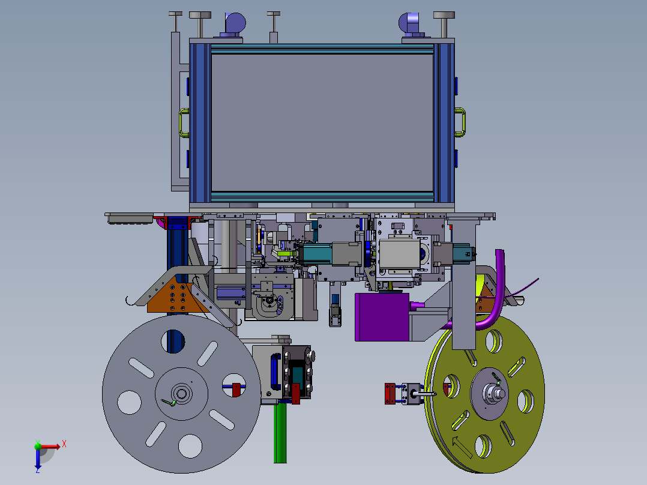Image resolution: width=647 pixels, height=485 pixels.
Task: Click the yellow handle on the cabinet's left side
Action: (x=180, y=122)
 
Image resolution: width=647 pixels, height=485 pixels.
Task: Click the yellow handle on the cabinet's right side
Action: (x=463, y=122)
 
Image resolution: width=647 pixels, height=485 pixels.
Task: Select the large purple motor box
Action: (x=382, y=316)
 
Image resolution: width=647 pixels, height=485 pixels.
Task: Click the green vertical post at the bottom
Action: (x=280, y=433)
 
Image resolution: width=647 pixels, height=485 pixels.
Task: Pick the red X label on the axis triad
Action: (x=64, y=444)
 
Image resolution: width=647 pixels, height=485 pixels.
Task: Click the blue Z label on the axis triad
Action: (x=38, y=470)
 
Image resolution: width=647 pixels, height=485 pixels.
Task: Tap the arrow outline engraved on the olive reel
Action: (x=462, y=447)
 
